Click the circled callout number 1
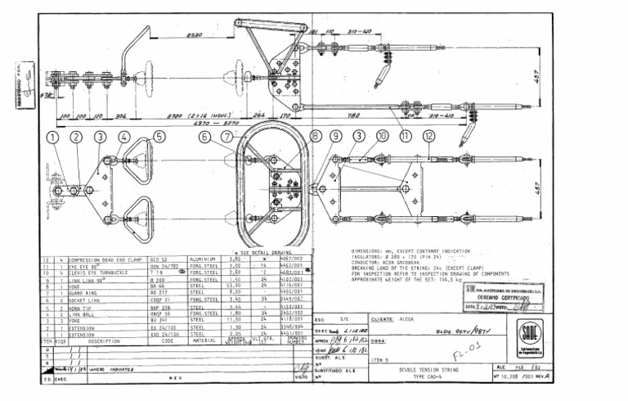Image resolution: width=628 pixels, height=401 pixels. click(x=52, y=137)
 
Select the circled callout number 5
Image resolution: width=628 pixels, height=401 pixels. click(x=159, y=137)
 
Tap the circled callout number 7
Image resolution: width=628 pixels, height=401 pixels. click(x=227, y=137)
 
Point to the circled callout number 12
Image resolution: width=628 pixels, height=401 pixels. click(x=430, y=137)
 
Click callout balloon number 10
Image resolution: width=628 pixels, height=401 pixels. click(x=383, y=137)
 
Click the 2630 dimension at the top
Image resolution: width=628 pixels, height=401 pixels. click(x=195, y=35)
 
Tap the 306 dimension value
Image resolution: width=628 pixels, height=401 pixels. click(x=121, y=117)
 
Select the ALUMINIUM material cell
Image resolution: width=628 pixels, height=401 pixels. click(x=202, y=258)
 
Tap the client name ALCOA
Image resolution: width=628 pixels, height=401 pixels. click(x=409, y=318)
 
